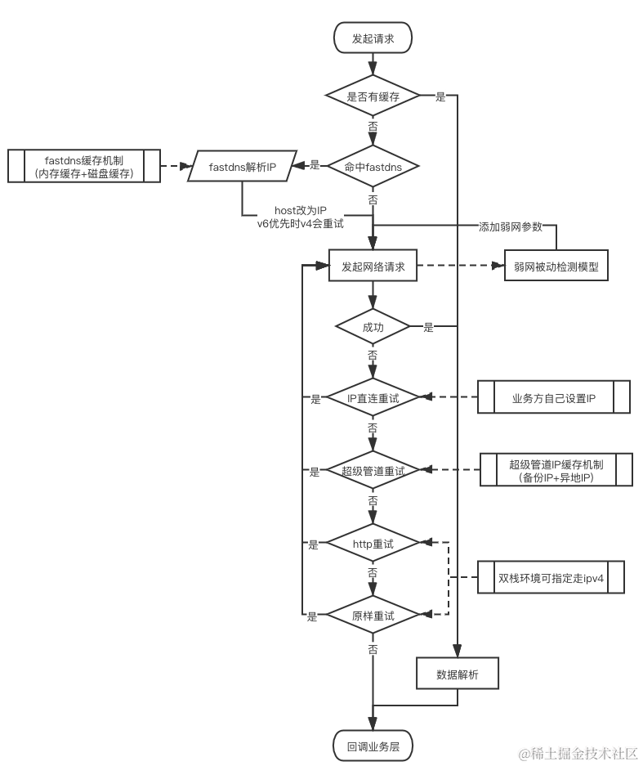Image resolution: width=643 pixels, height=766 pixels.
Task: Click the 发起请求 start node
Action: pyautogui.click(x=373, y=38)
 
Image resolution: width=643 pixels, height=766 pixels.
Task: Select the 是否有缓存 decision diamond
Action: pyautogui.click(x=373, y=96)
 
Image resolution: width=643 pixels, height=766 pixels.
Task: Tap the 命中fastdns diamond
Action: pyautogui.click(x=373, y=166)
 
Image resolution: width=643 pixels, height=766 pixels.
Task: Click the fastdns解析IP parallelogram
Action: pyautogui.click(x=242, y=167)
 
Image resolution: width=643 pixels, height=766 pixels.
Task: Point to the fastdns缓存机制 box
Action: pyautogui.click(x=85, y=166)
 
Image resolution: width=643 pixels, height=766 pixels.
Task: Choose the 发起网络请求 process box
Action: pyautogui.click(x=373, y=266)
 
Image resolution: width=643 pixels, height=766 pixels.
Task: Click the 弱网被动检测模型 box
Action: pyautogui.click(x=556, y=266)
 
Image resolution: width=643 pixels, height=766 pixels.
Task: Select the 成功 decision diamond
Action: pyautogui.click(x=373, y=327)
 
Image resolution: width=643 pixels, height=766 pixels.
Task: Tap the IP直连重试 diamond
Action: pyautogui.click(x=373, y=397)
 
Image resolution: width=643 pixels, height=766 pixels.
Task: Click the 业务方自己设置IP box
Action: pyautogui.click(x=554, y=398)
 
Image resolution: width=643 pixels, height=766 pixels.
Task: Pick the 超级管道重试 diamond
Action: pyautogui.click(x=373, y=470)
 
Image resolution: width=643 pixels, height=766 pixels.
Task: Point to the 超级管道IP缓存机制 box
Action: pyautogui.click(x=556, y=470)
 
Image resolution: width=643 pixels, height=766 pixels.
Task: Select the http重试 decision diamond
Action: pyautogui.click(x=373, y=543)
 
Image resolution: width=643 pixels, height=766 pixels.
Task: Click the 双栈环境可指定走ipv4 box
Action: pyautogui.click(x=551, y=577)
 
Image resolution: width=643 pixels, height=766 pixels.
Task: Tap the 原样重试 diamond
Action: pyautogui.click(x=373, y=615)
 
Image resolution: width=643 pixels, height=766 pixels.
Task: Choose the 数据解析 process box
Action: pyautogui.click(x=458, y=674)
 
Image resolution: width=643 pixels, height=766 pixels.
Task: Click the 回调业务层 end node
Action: pyautogui.click(x=373, y=746)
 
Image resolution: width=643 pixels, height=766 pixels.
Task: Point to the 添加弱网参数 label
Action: pyautogui.click(x=511, y=227)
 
